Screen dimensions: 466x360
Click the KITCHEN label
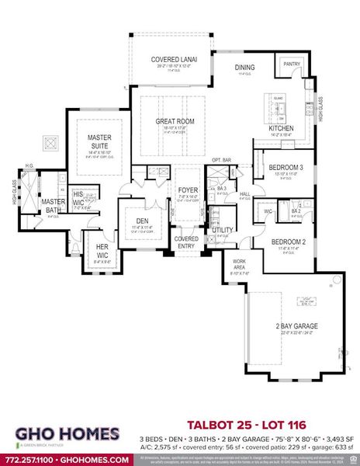(280, 127)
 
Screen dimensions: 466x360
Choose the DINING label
(244, 68)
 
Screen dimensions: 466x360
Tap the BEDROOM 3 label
(286, 168)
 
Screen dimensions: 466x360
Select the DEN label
(142, 221)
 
